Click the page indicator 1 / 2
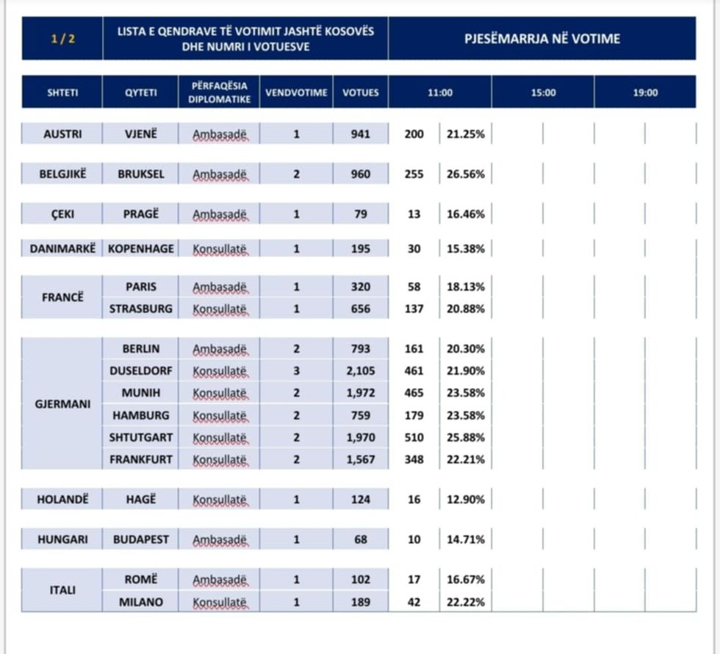coord(62,38)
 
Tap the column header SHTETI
coord(62,93)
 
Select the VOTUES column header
coord(361,93)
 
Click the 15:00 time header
coord(543,93)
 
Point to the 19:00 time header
coord(645,93)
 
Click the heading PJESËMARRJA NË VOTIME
coord(542,38)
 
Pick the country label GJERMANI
coord(62,403)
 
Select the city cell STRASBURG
coord(140,309)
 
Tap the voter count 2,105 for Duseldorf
coord(361,370)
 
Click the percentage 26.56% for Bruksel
coord(466,175)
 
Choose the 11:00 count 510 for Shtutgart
coord(414,437)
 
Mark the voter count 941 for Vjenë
coord(361,134)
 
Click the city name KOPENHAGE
coord(140,248)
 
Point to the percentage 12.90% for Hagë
coord(466,500)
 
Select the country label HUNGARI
coord(62,539)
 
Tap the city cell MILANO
coord(140,603)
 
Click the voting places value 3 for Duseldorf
coord(297,370)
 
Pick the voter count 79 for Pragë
coord(361,215)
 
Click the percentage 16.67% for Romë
coord(466,580)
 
